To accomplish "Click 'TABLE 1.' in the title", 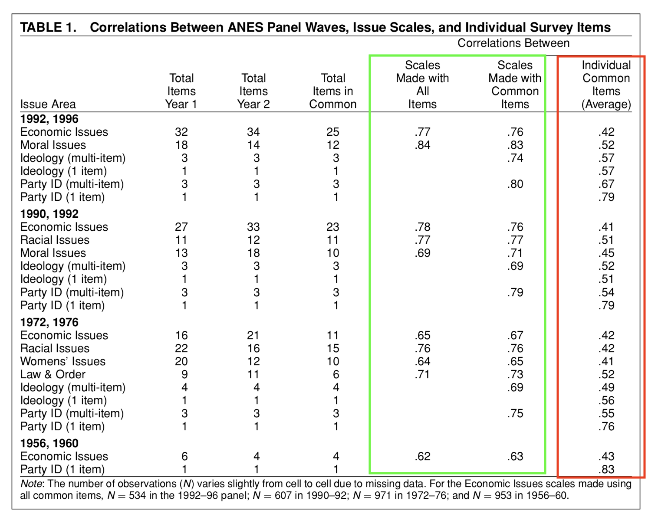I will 48,27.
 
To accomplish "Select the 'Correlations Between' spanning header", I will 513,43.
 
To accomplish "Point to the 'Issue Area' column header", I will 48,104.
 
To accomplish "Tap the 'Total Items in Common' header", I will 332,91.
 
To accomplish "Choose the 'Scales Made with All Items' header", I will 422,85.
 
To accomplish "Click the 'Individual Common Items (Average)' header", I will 606,85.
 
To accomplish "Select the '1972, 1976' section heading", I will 49,322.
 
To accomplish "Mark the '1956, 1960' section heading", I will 49,443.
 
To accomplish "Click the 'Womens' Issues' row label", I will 63,361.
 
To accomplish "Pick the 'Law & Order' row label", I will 53,374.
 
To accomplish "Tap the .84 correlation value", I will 422,145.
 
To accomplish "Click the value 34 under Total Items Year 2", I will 253,132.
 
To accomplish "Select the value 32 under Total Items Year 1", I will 181,132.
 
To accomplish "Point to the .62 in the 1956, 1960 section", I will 422,456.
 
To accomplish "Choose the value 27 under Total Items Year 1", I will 181,227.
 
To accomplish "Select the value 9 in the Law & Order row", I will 184,374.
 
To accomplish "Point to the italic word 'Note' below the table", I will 31,484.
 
